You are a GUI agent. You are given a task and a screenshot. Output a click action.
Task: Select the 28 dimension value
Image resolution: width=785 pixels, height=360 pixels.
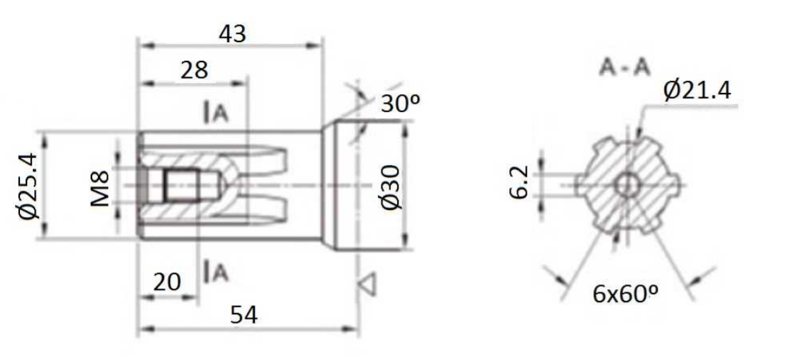tap(194, 71)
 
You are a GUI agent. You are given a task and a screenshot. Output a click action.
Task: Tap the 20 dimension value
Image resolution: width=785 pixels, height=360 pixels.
tap(166, 282)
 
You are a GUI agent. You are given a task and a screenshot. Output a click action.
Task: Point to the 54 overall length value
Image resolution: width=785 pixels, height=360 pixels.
tap(244, 316)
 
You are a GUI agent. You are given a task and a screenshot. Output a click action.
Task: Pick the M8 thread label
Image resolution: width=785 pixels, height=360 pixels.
tap(101, 189)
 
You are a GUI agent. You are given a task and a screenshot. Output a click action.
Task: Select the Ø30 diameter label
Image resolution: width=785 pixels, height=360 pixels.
tap(391, 186)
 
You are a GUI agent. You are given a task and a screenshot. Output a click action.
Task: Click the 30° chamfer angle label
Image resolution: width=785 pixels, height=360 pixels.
tap(401, 103)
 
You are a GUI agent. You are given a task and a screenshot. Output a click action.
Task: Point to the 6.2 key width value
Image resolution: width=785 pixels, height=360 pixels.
tap(520, 184)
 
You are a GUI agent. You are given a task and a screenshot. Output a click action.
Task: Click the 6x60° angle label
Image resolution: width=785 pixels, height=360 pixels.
tap(625, 294)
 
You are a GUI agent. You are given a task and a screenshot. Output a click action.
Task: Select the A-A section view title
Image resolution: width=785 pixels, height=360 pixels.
tap(624, 69)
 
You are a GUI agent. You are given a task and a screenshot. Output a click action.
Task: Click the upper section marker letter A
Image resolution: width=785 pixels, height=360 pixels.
tap(220, 114)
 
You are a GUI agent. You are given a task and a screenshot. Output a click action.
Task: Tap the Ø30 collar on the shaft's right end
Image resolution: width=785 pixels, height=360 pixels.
tap(366, 186)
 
